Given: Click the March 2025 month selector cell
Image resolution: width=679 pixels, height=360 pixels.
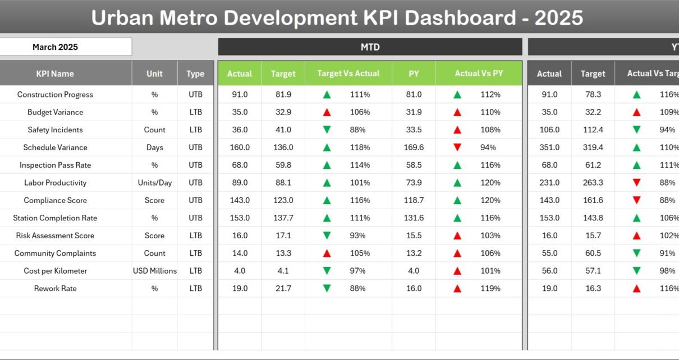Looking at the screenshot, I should tap(55, 47).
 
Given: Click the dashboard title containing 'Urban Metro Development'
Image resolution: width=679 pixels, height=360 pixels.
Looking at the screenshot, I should tap(337, 18).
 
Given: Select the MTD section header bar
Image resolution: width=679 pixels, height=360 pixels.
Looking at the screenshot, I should tap(370, 47).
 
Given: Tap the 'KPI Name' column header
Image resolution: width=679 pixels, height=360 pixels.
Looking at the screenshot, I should tap(55, 73).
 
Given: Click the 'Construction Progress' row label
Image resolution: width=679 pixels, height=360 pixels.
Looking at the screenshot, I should tap(55, 95).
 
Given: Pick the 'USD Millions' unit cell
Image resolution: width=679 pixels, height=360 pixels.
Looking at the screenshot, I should tap(155, 271).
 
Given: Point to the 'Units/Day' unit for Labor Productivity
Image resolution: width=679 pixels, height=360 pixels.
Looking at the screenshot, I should tap(155, 183).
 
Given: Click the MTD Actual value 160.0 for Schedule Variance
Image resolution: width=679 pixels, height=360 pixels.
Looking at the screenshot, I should tap(240, 147).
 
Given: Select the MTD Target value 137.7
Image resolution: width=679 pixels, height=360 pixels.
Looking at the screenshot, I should tap(283, 218).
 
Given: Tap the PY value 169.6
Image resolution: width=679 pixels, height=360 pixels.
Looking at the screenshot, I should tap(414, 147).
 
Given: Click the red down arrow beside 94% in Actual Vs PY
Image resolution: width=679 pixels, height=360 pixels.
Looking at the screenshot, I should tap(457, 147).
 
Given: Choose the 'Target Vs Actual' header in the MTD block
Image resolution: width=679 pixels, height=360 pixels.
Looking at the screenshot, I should tap(348, 73).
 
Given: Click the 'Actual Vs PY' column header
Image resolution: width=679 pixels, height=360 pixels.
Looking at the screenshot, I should tap(479, 73).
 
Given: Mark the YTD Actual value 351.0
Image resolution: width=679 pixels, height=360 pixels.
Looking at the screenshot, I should tap(549, 147).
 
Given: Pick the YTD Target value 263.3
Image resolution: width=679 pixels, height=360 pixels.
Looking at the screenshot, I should tap(593, 183).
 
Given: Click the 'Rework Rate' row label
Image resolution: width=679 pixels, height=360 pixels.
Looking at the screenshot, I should tap(55, 289).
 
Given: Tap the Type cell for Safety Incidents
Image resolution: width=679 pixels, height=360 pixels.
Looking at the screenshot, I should tap(195, 130).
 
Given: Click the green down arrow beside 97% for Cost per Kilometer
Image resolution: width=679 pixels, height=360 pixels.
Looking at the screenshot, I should tap(327, 271).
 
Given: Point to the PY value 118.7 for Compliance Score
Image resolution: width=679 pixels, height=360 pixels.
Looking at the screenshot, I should tap(414, 201).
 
